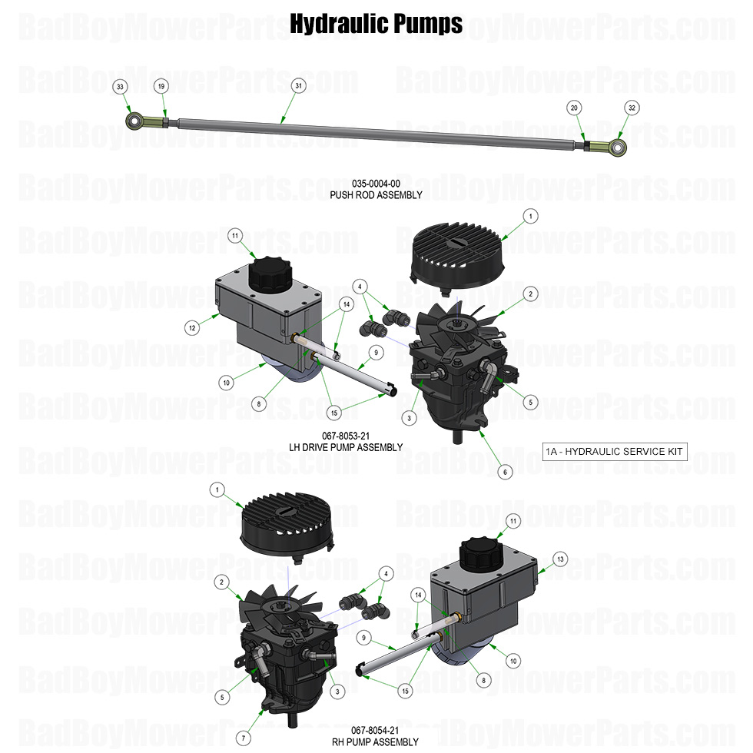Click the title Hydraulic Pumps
[x=376, y=24]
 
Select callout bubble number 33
[x=120, y=87]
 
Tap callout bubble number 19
[x=161, y=87]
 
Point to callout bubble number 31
[x=298, y=86]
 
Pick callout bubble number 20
[x=575, y=108]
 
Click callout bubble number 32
[x=632, y=108]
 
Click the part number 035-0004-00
[x=376, y=184]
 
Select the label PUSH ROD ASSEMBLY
[x=376, y=195]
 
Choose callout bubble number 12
[x=192, y=328]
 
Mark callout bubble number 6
[x=505, y=473]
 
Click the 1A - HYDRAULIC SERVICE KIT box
[x=615, y=451]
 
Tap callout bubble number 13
[x=560, y=559]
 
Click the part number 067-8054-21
[x=375, y=730]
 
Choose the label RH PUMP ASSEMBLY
[x=375, y=741]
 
